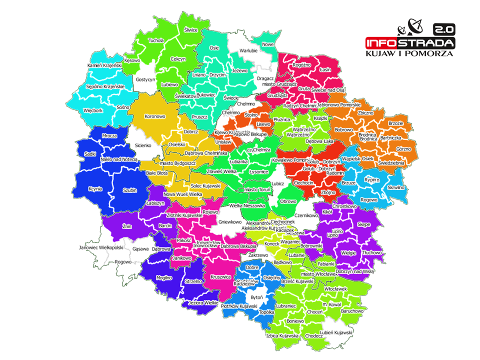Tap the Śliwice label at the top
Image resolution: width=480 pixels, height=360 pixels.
pos(191,30)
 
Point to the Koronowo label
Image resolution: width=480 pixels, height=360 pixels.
pos(155,116)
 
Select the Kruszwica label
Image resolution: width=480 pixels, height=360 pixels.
pos(221,276)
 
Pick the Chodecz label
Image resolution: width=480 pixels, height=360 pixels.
pos(314,336)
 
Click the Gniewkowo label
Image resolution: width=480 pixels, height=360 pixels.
pos(230,221)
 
